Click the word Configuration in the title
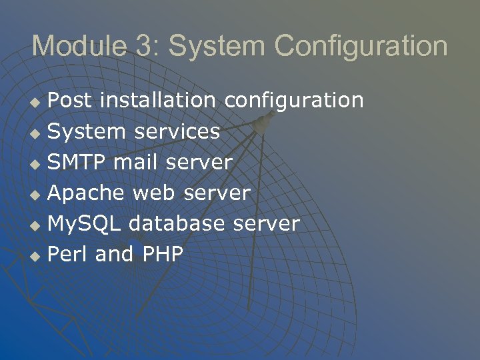point(361,46)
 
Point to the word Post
point(71,101)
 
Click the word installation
point(157,101)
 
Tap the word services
point(177,131)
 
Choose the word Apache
point(86,193)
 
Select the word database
point(177,223)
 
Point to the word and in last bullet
point(114,254)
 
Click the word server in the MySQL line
point(266,224)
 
